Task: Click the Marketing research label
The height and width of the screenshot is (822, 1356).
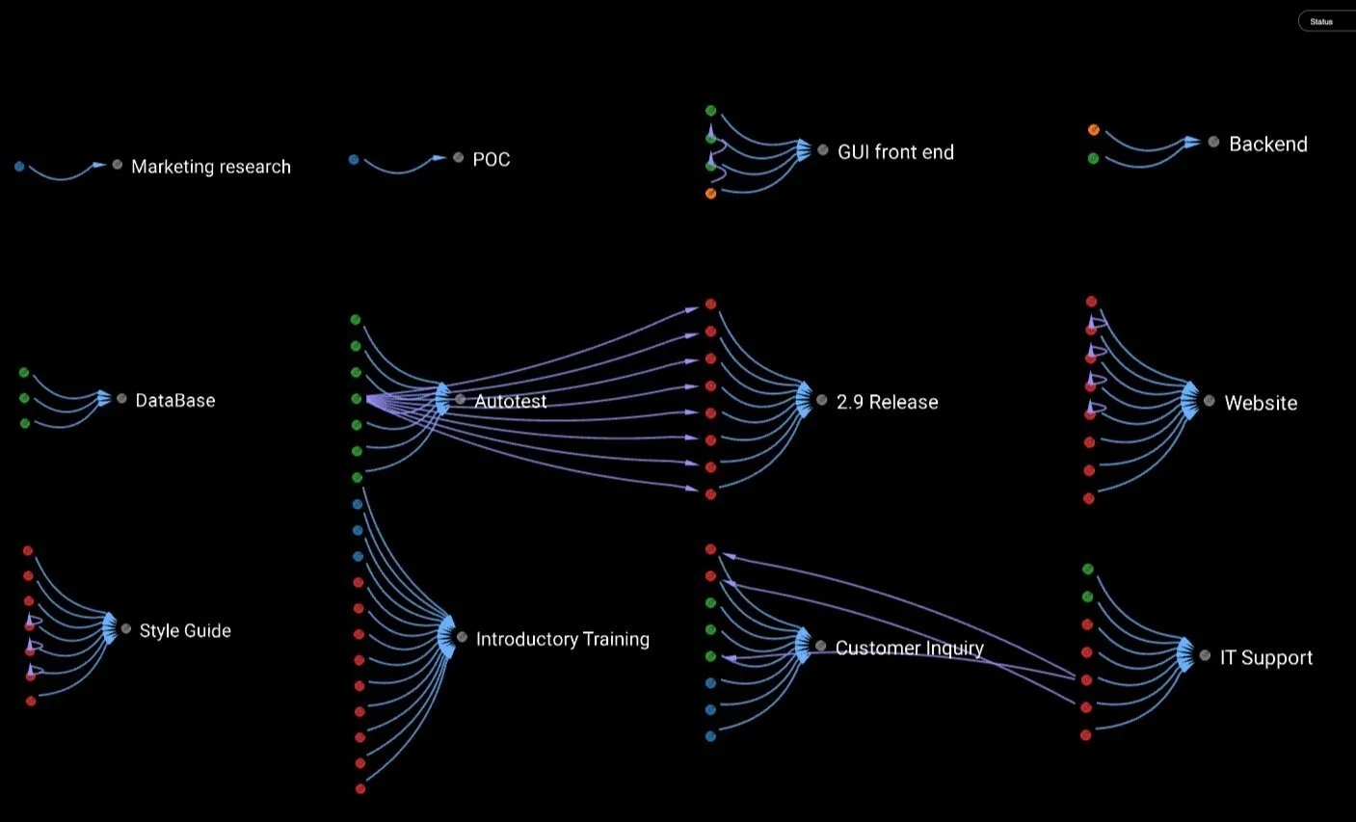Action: click(x=210, y=167)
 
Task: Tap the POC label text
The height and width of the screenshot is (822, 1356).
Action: click(x=491, y=160)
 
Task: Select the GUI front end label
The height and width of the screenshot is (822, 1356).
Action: click(x=895, y=152)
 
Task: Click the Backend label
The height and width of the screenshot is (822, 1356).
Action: click(x=1267, y=145)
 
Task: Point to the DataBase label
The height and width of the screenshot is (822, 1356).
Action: click(x=174, y=401)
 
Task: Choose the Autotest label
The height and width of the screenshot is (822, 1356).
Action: click(x=510, y=402)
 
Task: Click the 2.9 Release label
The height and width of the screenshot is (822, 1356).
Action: click(x=887, y=403)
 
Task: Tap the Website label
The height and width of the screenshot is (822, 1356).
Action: click(x=1260, y=404)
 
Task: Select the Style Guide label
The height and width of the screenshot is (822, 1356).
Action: click(x=185, y=631)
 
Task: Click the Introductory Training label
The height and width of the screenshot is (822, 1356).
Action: click(x=562, y=640)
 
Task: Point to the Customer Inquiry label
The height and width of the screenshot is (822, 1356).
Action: click(x=909, y=649)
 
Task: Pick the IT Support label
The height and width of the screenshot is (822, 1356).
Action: click(x=1265, y=658)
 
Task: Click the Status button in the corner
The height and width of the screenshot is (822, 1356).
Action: click(x=1321, y=21)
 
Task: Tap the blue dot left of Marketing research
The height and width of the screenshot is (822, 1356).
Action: click(x=19, y=167)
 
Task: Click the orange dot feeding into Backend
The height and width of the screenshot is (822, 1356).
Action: click(x=1094, y=129)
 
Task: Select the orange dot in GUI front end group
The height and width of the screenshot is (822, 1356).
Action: click(x=711, y=194)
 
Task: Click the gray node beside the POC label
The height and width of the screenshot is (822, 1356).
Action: click(x=459, y=157)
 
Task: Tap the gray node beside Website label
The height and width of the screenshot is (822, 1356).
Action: click(x=1210, y=400)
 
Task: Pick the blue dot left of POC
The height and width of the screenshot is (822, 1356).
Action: click(x=354, y=160)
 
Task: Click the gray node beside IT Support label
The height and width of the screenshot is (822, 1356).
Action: click(x=1205, y=655)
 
